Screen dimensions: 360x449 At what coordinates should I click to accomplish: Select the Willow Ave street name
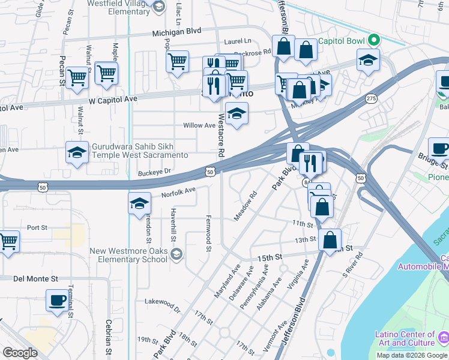tap(199, 125)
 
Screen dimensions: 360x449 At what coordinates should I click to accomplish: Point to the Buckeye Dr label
tap(154, 171)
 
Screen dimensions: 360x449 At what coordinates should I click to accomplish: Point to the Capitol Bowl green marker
tap(374, 40)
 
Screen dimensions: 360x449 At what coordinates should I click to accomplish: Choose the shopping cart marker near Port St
tap(8, 242)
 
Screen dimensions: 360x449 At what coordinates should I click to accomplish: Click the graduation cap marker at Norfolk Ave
tap(139, 203)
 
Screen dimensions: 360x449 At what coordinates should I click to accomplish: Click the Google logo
tap(20, 353)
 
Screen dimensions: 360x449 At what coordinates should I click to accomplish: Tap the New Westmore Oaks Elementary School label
tap(128, 255)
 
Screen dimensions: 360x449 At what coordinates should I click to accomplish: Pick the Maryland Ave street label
tap(227, 281)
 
